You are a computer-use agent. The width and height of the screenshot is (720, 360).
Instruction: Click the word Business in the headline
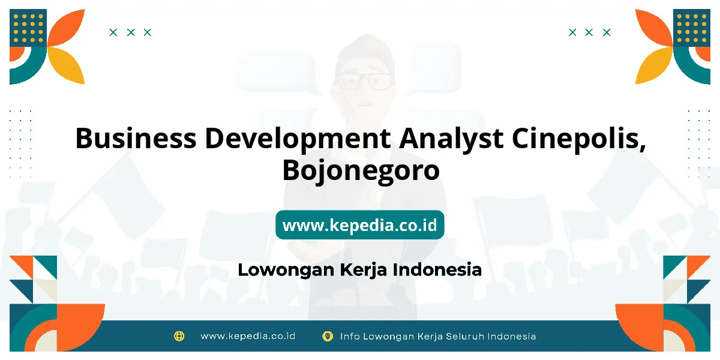[x=136, y=138]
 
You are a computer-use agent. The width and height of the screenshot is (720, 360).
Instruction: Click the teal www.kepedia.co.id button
[x=359, y=224]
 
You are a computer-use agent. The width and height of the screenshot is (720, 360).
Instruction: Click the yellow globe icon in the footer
[x=179, y=336]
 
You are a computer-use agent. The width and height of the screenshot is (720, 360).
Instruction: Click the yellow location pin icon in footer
[x=328, y=337]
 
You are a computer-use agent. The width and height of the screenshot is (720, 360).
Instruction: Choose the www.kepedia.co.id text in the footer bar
[x=248, y=336]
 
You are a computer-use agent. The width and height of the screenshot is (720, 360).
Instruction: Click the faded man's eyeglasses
[x=364, y=81]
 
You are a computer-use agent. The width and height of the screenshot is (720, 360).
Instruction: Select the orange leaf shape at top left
[x=67, y=28]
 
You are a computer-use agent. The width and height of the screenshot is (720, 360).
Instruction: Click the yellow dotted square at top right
[x=692, y=28]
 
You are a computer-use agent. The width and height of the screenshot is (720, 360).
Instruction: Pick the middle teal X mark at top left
[x=131, y=32]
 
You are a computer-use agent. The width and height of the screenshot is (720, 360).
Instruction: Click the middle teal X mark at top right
[x=589, y=32]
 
